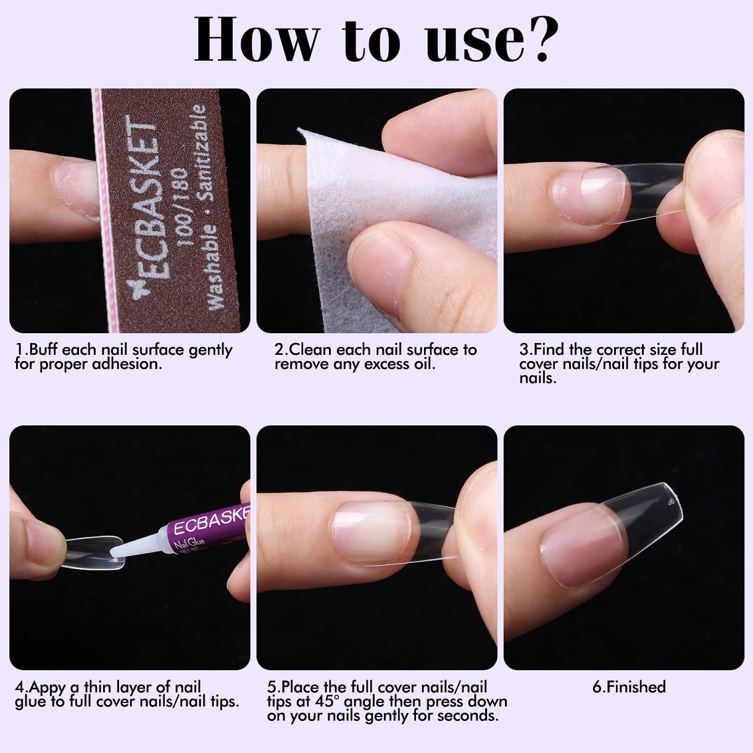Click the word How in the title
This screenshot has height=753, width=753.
(257, 39)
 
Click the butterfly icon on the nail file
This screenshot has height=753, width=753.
(138, 291)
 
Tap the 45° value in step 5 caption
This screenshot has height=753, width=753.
(325, 701)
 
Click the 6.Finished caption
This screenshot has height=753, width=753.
(629, 686)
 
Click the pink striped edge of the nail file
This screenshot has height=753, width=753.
(104, 211)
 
